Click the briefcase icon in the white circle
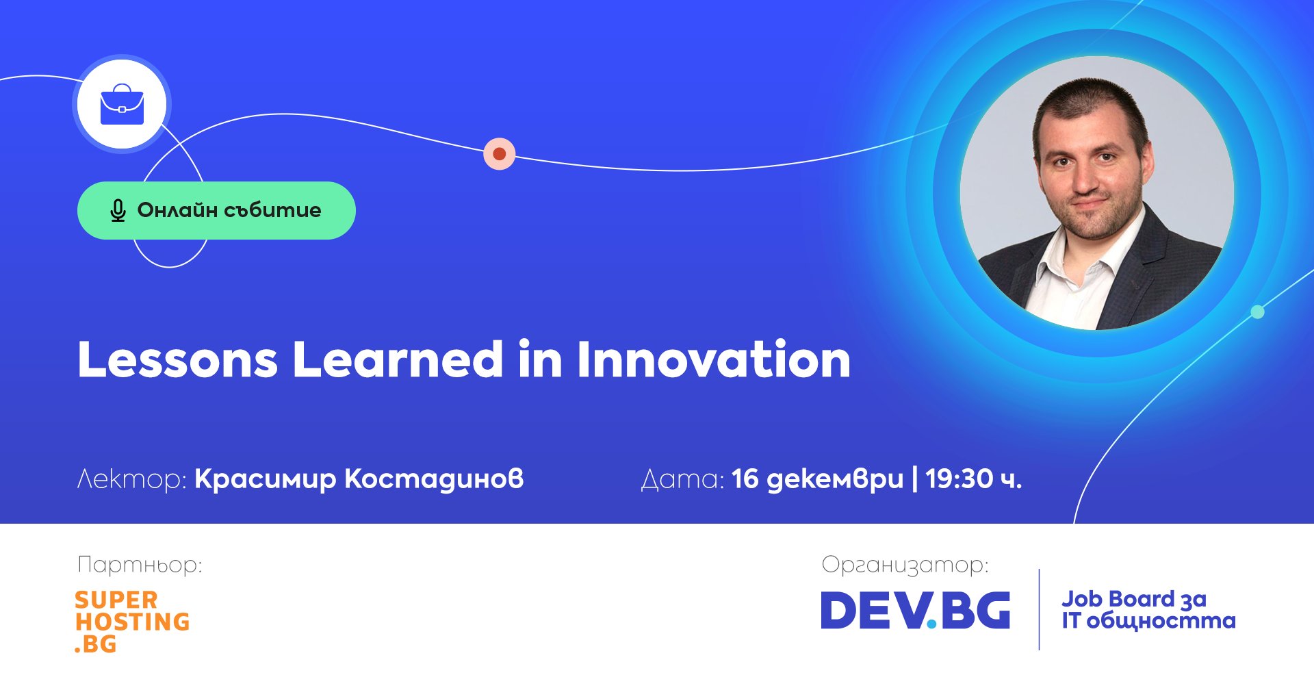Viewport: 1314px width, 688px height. click(122, 105)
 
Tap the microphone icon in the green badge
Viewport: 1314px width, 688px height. click(118, 211)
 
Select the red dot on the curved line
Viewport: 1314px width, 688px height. click(500, 153)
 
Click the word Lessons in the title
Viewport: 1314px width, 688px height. click(178, 359)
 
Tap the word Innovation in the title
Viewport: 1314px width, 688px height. click(714, 359)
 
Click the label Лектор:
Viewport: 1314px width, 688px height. click(131, 479)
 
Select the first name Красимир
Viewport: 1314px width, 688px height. click(266, 479)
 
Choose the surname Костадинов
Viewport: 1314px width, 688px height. click(434, 479)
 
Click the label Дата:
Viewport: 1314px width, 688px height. click(682, 479)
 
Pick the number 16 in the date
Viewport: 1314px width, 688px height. click(745, 479)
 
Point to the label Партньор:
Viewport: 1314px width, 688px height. click(140, 565)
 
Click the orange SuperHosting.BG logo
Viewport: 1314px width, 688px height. click(132, 622)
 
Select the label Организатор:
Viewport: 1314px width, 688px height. click(905, 565)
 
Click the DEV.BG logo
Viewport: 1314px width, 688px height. click(915, 610)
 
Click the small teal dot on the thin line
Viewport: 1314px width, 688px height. click(1257, 312)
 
